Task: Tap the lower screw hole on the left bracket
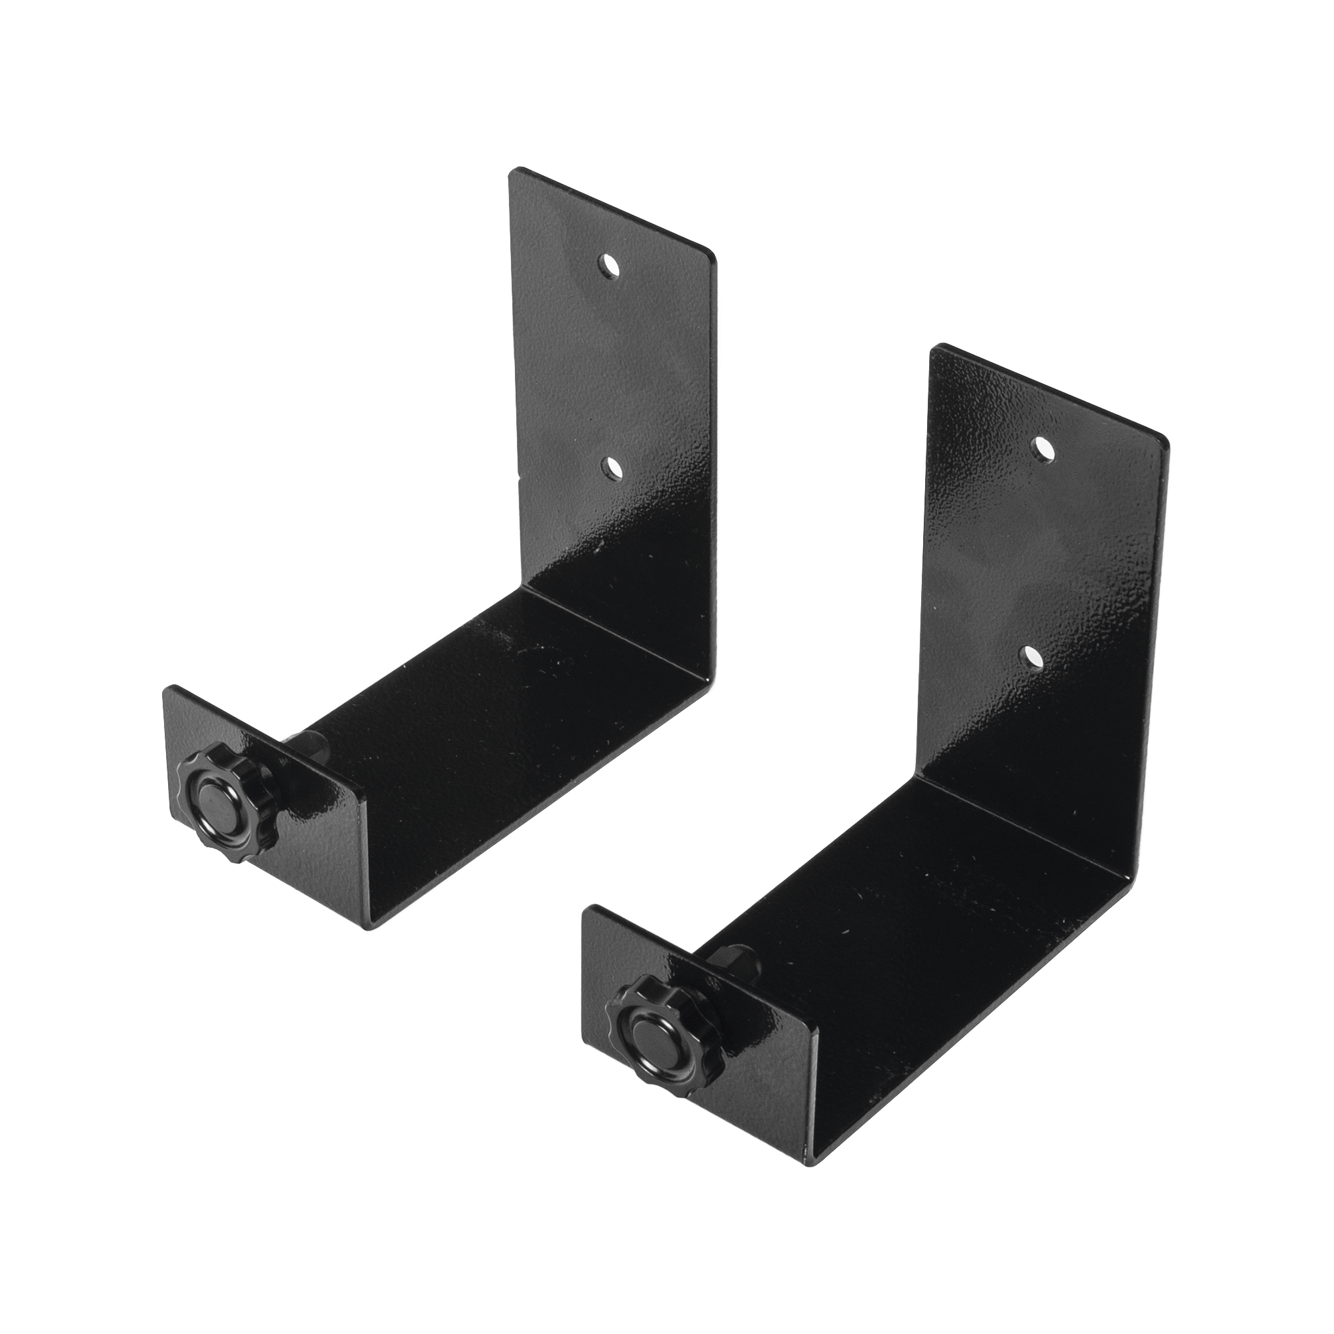coord(610,469)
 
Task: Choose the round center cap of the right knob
coord(646,1022)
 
